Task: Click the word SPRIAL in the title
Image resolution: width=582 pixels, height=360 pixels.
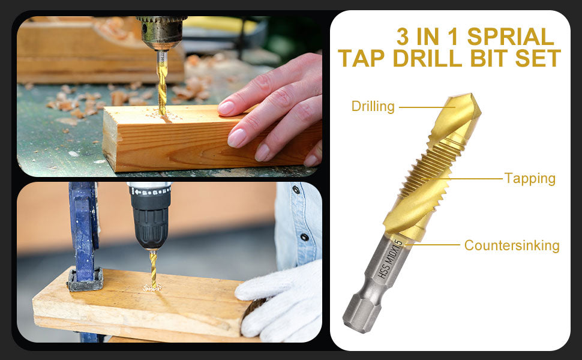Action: coord(511,37)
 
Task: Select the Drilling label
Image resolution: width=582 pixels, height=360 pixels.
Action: coord(373,106)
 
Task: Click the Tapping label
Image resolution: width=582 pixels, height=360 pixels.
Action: coord(530,179)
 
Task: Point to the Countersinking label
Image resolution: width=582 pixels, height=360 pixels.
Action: coord(512,245)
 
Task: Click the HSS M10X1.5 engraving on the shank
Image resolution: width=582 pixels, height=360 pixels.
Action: coord(390,259)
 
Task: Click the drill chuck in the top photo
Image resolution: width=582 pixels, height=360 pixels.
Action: coord(161,32)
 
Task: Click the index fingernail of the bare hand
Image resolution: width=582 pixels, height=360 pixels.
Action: coord(226,107)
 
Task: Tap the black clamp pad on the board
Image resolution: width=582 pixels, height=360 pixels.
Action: coord(85,280)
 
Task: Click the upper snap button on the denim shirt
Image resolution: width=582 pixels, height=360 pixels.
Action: coord(296,190)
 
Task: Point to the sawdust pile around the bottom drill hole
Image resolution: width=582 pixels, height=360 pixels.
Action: coord(152,287)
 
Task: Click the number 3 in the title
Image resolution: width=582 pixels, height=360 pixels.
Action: coord(403,37)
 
